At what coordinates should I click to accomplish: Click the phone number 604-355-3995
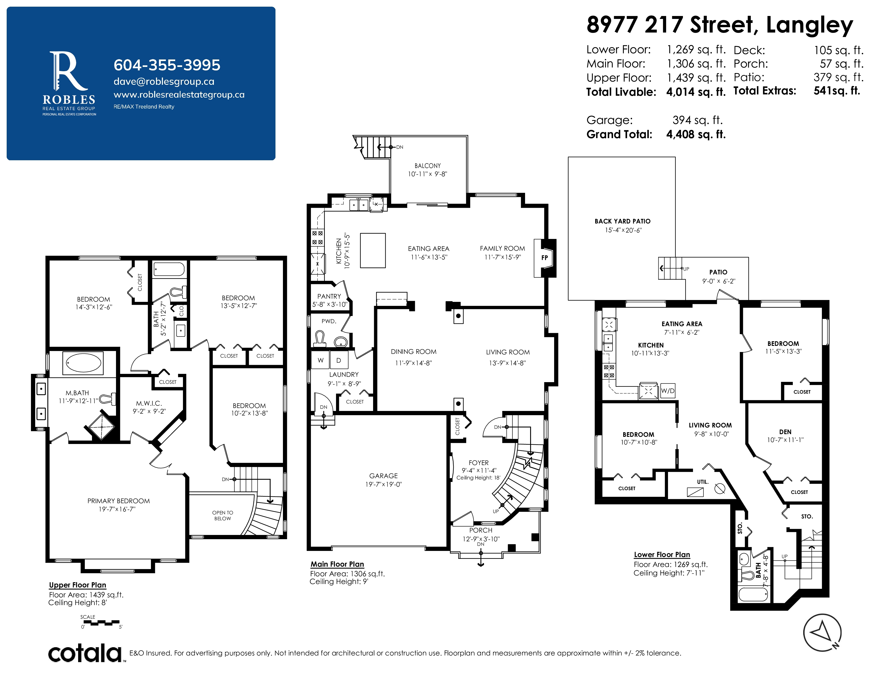[x=167, y=65]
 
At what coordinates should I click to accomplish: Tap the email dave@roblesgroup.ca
[x=164, y=81]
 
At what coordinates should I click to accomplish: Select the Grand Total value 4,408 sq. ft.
[x=696, y=135]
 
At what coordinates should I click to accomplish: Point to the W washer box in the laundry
[x=321, y=360]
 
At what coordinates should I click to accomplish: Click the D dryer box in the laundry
[x=338, y=360]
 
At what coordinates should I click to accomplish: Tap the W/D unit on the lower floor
[x=668, y=391]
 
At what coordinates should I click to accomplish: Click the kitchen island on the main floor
[x=373, y=251]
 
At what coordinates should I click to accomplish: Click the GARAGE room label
[x=383, y=476]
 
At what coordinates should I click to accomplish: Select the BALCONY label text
[x=427, y=166]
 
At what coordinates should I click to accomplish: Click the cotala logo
[x=85, y=653]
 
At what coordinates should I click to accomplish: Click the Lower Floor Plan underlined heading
[x=662, y=555]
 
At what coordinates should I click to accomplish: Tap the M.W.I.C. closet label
[x=149, y=403]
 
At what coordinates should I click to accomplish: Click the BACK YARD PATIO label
[x=622, y=221]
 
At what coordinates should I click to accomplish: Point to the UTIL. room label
[x=703, y=482]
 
